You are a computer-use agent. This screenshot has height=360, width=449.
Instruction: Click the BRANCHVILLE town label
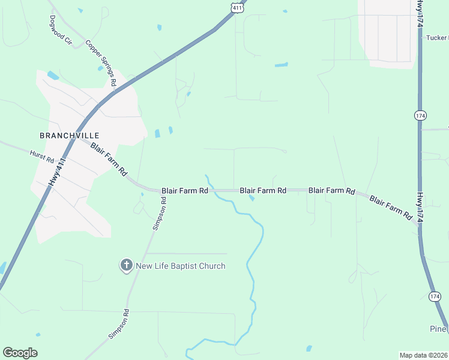point(69,136)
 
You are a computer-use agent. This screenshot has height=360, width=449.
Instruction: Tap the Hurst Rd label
point(42,157)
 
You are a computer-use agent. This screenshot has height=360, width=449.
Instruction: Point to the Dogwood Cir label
point(61,31)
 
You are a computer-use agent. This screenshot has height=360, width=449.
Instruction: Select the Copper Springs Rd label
point(100,62)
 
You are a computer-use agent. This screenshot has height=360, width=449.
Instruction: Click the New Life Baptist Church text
point(181,266)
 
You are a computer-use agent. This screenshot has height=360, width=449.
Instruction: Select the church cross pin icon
point(126,265)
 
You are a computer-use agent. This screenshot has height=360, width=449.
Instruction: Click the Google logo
point(20,353)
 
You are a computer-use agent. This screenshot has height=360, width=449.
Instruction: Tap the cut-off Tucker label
point(437,37)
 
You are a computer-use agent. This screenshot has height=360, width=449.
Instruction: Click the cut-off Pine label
point(439,329)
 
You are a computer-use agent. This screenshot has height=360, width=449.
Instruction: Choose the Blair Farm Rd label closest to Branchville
point(109,158)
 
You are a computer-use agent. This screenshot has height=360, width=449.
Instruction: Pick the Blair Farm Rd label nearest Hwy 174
point(391,206)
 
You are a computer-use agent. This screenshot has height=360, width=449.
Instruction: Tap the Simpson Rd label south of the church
point(119,325)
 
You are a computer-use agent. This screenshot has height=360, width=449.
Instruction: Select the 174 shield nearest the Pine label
point(435,296)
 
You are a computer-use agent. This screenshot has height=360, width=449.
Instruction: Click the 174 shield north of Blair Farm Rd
point(420,115)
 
